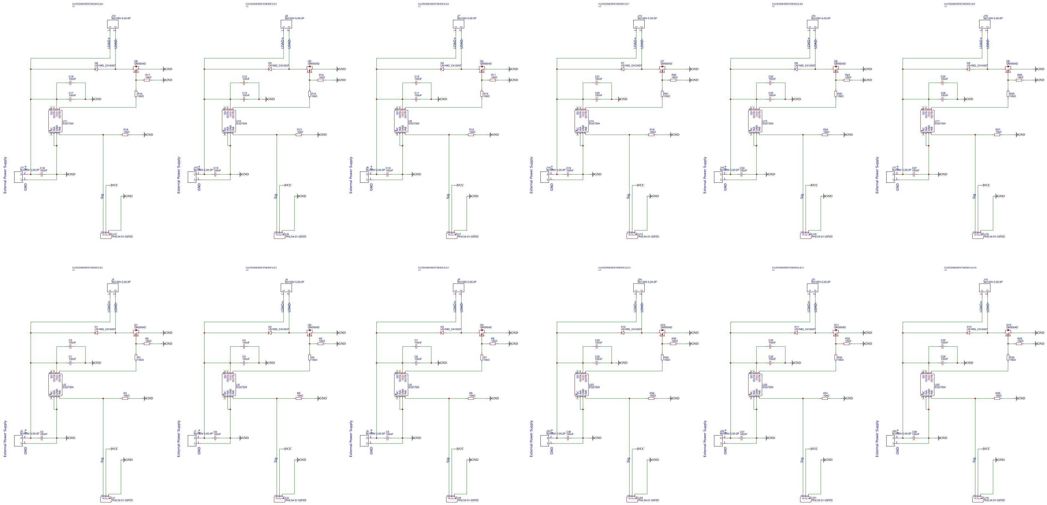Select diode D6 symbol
[x=96, y=69]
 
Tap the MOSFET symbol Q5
[x=309, y=69]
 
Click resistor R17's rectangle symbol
[x=147, y=80]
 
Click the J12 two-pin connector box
[x=113, y=24]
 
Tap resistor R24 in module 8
[x=825, y=134]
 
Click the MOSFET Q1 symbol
[x=136, y=333]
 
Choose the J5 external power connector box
[x=364, y=441]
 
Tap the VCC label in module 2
[x=288, y=449]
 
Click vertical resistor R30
[x=1008, y=357]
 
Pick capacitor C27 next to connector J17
[x=914, y=174]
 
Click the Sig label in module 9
[x=974, y=196]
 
